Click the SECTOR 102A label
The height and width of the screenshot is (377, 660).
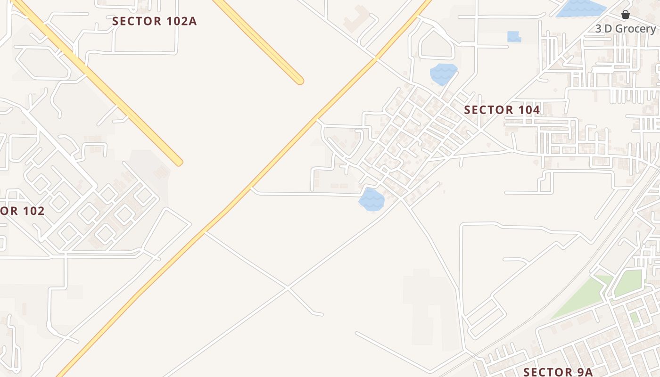pos(154,21)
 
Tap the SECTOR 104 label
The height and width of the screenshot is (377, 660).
pos(502,110)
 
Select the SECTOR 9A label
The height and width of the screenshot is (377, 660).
pos(558,372)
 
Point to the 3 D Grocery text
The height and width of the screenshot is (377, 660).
pos(625,29)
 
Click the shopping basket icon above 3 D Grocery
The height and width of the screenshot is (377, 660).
pos(626,15)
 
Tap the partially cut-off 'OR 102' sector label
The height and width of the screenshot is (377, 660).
pos(22,211)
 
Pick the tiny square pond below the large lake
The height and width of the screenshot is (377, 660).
pos(513,36)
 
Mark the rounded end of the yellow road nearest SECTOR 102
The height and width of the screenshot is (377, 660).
pos(178,162)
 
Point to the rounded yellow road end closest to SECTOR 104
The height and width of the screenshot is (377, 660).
pos(299,81)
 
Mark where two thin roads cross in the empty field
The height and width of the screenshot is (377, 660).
pos(288,287)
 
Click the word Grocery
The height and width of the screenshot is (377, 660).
pos(635,29)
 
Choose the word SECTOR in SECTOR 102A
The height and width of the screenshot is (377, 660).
pos(136,21)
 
